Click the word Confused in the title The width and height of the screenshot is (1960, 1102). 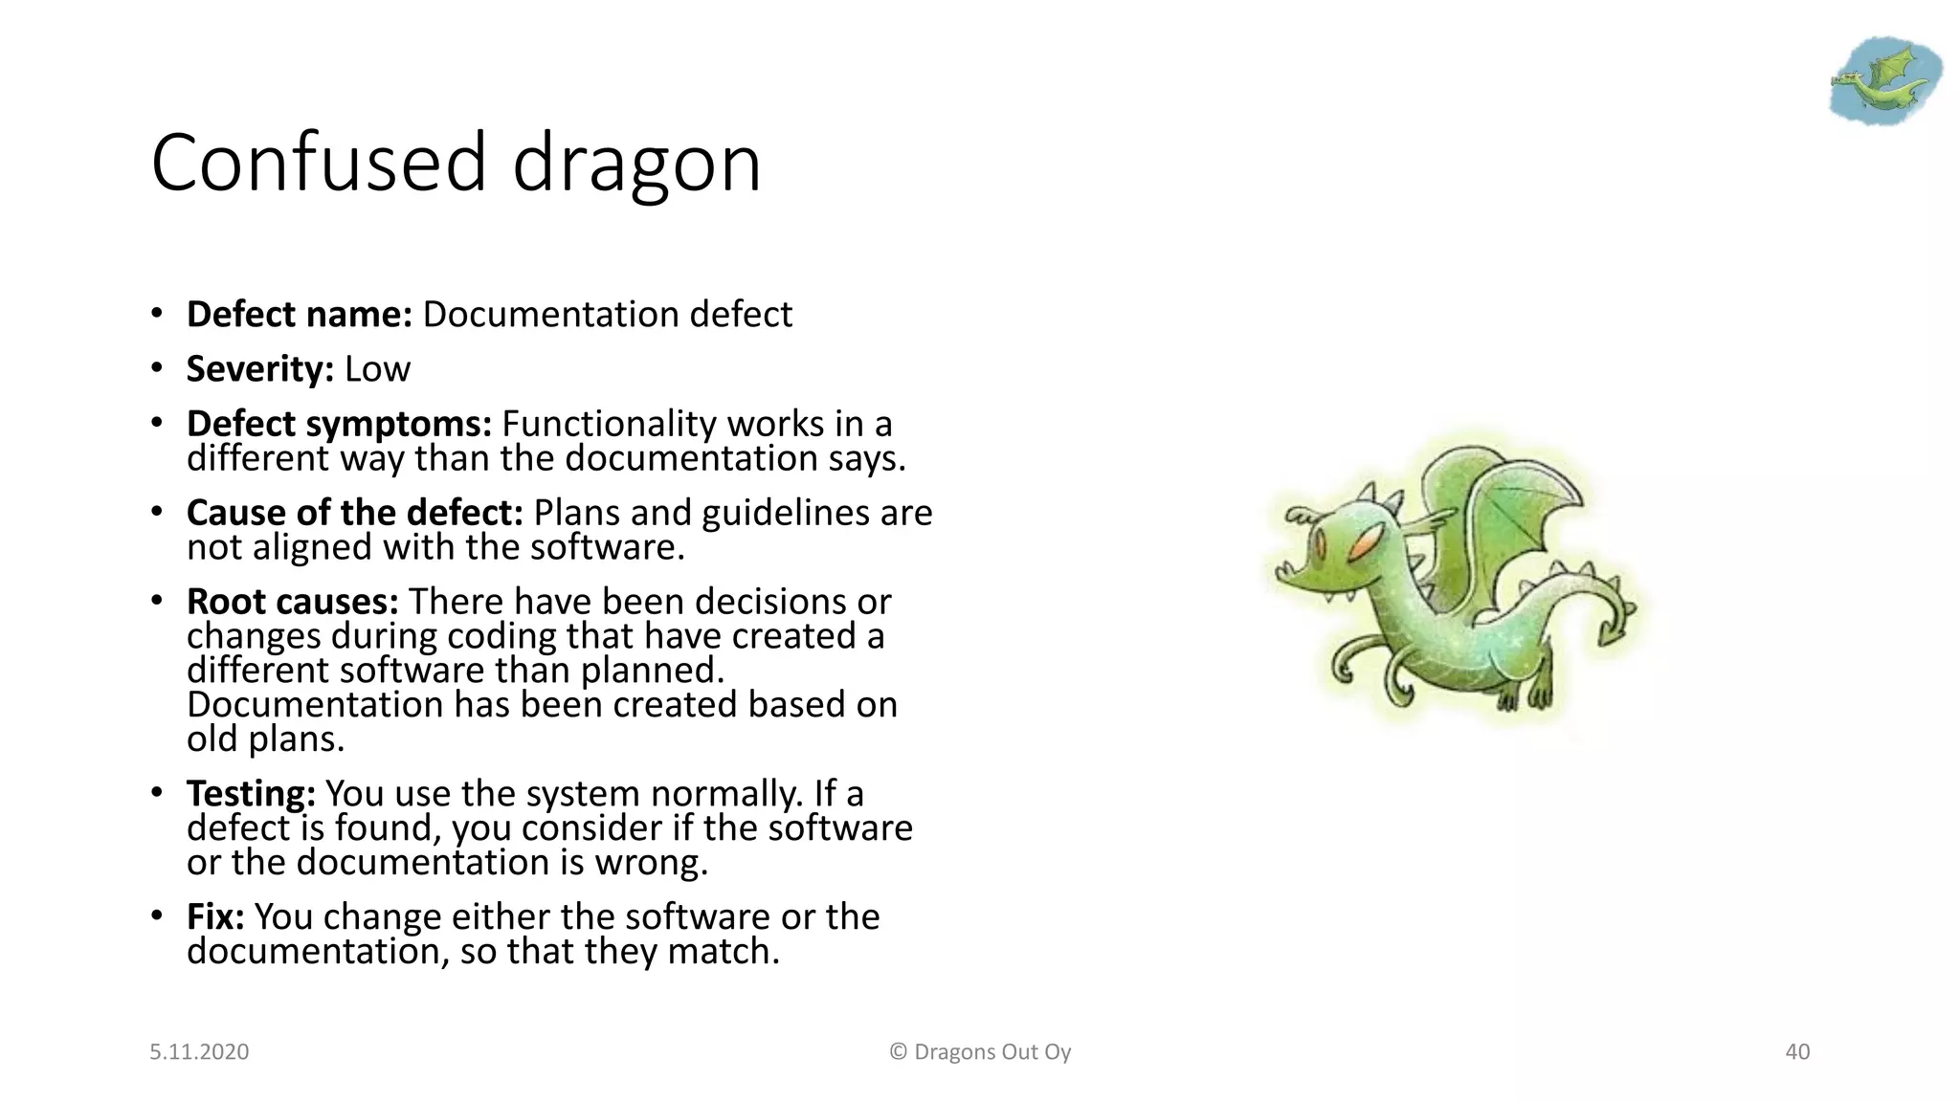[320, 163]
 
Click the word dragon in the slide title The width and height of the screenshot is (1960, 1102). [636, 165]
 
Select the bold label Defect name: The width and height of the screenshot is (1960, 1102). [299, 315]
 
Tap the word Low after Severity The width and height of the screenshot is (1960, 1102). [377, 369]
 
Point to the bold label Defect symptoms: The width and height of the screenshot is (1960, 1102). [339, 424]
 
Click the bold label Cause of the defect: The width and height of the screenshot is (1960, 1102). [354, 513]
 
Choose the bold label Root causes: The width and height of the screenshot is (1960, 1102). [292, 602]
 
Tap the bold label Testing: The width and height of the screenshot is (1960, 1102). [251, 794]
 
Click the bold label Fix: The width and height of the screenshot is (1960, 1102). [215, 916]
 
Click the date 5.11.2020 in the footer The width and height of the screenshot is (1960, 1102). [199, 1052]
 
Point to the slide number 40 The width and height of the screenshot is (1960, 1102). [1797, 1052]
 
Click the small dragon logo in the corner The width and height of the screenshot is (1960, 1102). [1883, 81]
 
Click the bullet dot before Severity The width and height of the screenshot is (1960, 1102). [156, 369]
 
